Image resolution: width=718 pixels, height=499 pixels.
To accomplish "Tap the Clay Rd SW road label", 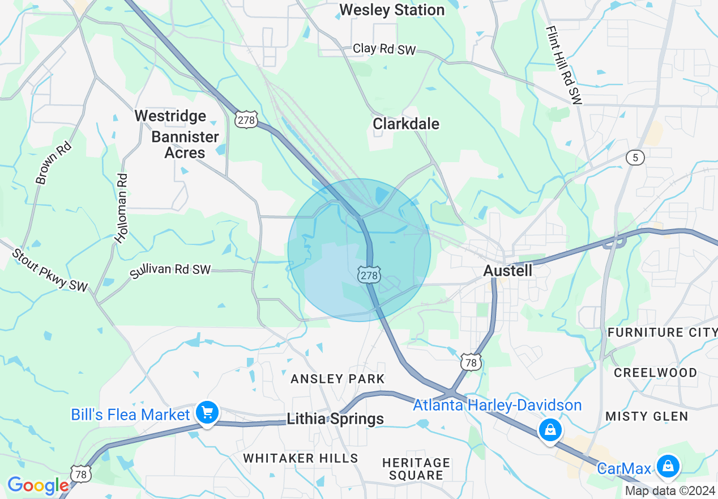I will (384, 49).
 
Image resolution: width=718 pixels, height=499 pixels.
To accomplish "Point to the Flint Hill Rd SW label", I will (564, 65).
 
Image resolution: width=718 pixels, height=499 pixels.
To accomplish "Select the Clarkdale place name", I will (406, 124).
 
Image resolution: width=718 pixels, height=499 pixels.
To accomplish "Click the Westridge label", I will (170, 116).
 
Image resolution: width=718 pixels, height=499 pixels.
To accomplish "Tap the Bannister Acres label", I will (185, 145).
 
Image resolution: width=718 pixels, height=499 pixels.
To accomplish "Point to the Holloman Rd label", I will (121, 209).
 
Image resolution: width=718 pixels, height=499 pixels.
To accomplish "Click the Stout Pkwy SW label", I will (50, 270).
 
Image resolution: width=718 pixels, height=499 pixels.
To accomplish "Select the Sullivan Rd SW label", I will (170, 270).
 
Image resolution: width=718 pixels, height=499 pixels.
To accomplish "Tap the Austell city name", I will (507, 271).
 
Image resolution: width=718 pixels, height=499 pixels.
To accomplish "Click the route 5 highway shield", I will (635, 158).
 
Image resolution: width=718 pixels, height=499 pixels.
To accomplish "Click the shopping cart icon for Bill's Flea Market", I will (207, 413).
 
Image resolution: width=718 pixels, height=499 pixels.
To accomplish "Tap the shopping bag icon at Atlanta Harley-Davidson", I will (550, 430).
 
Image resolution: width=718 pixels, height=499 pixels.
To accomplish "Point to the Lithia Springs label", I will (335, 419).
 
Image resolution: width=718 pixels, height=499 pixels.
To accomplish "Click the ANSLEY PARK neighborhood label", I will (337, 379).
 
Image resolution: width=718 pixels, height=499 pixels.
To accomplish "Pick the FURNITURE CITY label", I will (662, 332).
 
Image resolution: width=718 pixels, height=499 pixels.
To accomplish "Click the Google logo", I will (38, 485).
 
